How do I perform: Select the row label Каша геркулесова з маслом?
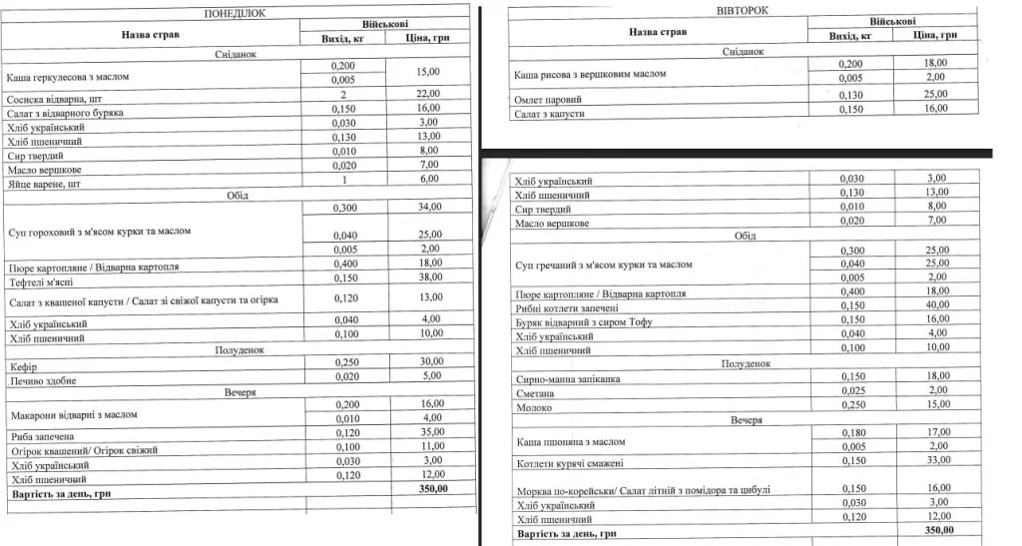pyautogui.click(x=68, y=77)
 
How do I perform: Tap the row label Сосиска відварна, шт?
pyautogui.click(x=54, y=101)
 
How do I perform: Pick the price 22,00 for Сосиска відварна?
pyautogui.click(x=427, y=94)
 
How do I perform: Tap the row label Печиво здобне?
pyautogui.click(x=42, y=380)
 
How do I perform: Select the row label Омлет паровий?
pyautogui.click(x=548, y=100)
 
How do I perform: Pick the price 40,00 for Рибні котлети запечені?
pyautogui.click(x=936, y=304)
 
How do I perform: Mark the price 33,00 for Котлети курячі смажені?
pyautogui.click(x=936, y=460)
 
